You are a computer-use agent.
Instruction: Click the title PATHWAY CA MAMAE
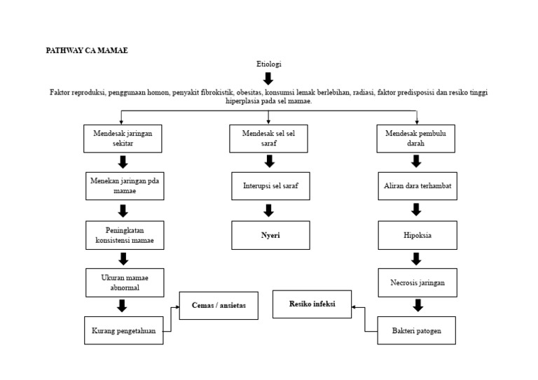(x=87, y=50)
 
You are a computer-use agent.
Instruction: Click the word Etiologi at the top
(x=268, y=64)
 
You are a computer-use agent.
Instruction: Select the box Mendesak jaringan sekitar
(x=123, y=139)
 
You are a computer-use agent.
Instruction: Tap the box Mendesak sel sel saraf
(x=268, y=139)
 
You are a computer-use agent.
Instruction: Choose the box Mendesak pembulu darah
(x=415, y=139)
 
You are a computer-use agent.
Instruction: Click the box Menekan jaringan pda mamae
(x=124, y=186)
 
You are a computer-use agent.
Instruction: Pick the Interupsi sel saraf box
(x=270, y=186)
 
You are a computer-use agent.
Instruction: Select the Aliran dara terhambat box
(x=418, y=186)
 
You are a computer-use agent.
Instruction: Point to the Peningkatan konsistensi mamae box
(x=125, y=235)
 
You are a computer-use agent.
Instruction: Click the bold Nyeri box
(x=270, y=235)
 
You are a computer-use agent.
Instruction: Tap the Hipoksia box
(x=418, y=235)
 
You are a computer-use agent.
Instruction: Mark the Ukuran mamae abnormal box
(x=125, y=282)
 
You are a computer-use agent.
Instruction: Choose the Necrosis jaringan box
(x=418, y=283)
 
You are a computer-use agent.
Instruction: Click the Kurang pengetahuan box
(x=124, y=330)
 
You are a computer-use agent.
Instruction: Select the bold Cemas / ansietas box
(x=218, y=306)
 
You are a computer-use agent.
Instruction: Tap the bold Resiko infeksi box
(x=312, y=304)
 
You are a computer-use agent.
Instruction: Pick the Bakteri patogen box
(x=418, y=330)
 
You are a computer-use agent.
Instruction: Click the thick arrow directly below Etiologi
(x=268, y=78)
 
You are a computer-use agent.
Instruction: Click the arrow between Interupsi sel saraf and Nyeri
(x=269, y=211)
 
